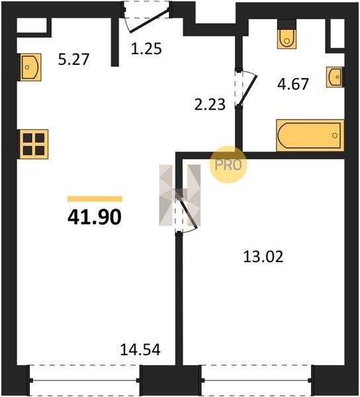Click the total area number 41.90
(95, 218)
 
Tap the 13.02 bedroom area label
(263, 257)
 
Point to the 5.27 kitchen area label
(73, 60)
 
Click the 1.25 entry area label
(146, 48)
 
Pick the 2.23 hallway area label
(210, 105)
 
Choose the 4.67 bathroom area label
(293, 84)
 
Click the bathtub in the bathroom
(310, 136)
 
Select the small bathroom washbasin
(335, 77)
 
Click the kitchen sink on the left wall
(29, 67)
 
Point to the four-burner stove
(33, 144)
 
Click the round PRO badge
(228, 165)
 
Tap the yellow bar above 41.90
(95, 198)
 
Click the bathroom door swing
(246, 88)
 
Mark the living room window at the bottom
(84, 380)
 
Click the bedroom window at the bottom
(257, 380)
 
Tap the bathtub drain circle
(335, 136)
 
